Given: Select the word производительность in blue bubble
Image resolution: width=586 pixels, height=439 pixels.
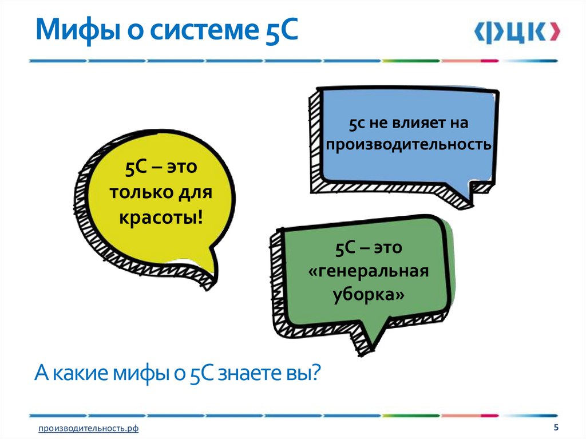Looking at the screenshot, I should [x=409, y=144].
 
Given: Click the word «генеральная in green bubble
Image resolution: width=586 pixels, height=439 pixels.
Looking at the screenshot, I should [x=369, y=271].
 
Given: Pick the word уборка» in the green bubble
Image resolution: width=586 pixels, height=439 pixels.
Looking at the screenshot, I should [x=369, y=295].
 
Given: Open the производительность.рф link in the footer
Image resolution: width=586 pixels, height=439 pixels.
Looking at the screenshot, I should [x=89, y=429].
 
